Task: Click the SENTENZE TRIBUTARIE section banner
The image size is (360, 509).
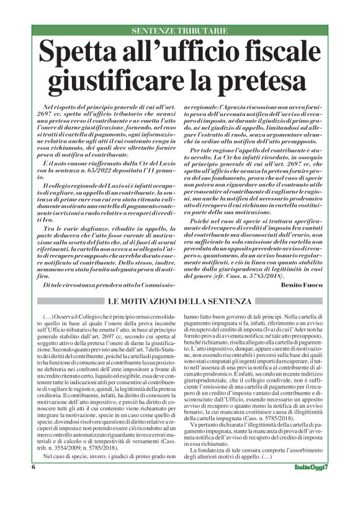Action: (179, 30)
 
